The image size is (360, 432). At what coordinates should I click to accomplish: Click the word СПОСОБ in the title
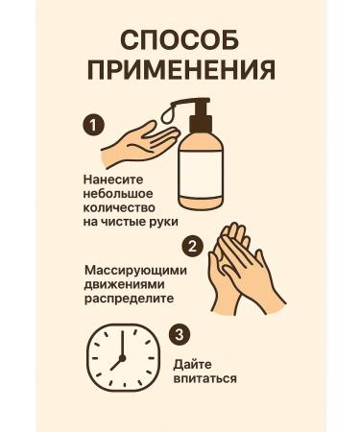tap(180, 40)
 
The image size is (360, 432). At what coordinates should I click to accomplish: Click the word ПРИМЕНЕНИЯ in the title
tap(180, 71)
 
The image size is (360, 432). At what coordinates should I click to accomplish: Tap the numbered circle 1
tap(93, 125)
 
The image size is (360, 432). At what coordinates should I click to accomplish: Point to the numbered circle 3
tap(179, 334)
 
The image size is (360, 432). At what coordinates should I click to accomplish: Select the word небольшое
tap(119, 192)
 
